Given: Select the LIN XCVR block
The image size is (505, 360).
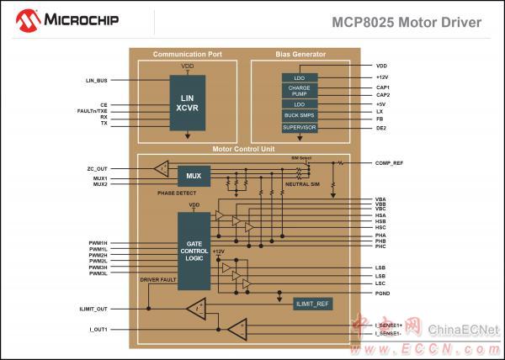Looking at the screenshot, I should [188, 103].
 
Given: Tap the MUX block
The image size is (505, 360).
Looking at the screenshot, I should [194, 176].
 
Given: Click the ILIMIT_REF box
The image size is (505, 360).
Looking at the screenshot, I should [312, 303].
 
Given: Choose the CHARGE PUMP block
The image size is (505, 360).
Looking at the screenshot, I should [300, 90].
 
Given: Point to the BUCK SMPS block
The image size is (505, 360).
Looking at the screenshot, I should [300, 115].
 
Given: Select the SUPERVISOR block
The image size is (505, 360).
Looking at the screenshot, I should [300, 127].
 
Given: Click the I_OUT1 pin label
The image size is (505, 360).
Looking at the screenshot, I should [98, 329].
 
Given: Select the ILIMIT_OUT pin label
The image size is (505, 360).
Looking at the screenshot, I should [93, 310].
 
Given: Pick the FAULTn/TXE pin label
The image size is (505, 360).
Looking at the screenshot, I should [92, 111].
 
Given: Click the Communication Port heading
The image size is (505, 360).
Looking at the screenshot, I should [188, 54].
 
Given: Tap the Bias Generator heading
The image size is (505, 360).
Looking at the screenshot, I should [300, 54].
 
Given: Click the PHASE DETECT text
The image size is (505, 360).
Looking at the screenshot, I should [177, 193].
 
